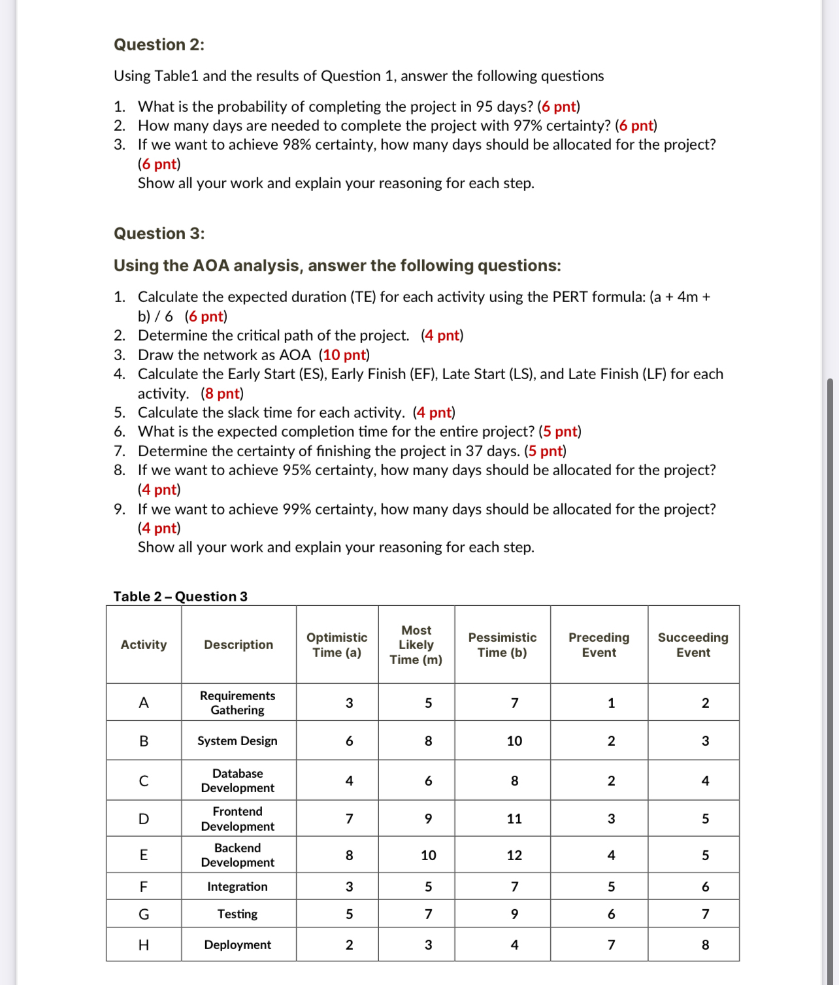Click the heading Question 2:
click(x=159, y=44)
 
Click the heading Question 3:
click(x=159, y=233)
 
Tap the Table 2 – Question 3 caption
click(x=180, y=596)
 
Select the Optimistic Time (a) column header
click(x=337, y=644)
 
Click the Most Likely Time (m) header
click(x=416, y=644)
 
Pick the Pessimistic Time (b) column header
click(x=502, y=644)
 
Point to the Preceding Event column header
click(x=599, y=644)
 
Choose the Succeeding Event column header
click(x=693, y=644)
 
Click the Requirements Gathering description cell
click(x=237, y=703)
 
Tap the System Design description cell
click(x=237, y=741)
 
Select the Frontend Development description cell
click(x=237, y=818)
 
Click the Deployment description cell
click(x=237, y=944)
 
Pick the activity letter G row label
click(x=144, y=914)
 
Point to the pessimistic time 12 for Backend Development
click(x=514, y=855)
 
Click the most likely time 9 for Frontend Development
click(x=428, y=818)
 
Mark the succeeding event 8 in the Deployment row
click(x=705, y=944)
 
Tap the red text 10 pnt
click(x=344, y=355)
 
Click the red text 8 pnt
click(x=222, y=393)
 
